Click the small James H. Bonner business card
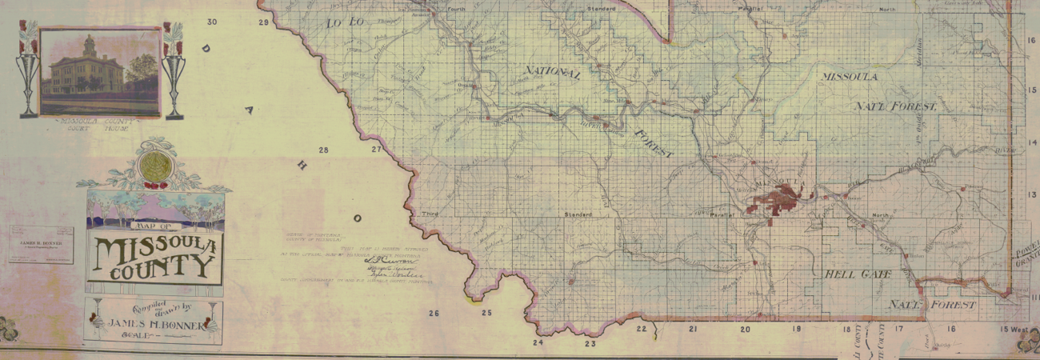point(41,245)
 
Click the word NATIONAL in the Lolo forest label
point(552,74)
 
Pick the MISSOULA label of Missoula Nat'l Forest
point(849,77)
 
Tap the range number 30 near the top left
point(212,22)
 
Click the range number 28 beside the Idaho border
point(323,150)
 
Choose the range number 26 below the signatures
point(434,314)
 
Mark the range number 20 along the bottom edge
point(745,330)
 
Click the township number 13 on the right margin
point(1031,195)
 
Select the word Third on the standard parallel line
point(431,214)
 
